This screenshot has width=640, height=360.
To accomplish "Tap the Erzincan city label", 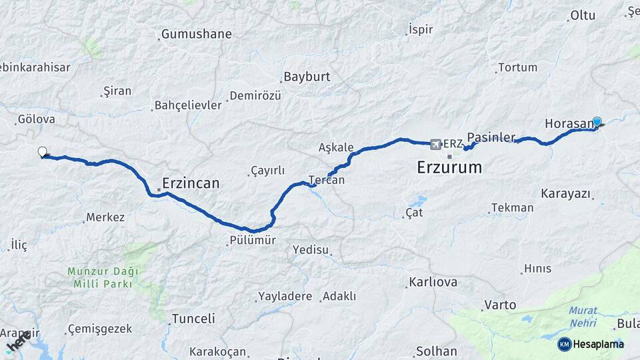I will (191, 183).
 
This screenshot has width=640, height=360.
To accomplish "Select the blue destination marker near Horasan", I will (597, 122).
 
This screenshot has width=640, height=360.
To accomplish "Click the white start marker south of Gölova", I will (43, 152).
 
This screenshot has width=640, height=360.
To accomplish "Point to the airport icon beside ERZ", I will (436, 143).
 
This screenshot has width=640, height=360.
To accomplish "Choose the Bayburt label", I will (307, 77).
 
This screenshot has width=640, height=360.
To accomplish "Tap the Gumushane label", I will (197, 34).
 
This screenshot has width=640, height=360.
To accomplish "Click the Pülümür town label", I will (251, 240).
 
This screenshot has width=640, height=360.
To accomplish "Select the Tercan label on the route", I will (327, 180).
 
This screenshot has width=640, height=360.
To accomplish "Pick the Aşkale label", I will (335, 147).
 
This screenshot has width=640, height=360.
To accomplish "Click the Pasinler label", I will (491, 137).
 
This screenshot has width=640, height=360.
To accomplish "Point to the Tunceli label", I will (193, 319).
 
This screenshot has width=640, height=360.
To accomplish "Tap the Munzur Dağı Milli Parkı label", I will (102, 277).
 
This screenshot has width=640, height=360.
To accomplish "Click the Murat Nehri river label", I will (583, 317).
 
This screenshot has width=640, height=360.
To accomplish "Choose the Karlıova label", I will (433, 282).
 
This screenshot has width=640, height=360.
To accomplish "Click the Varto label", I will (500, 305).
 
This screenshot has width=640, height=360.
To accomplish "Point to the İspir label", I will (420, 30).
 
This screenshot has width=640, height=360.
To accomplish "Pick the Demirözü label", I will (255, 96).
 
